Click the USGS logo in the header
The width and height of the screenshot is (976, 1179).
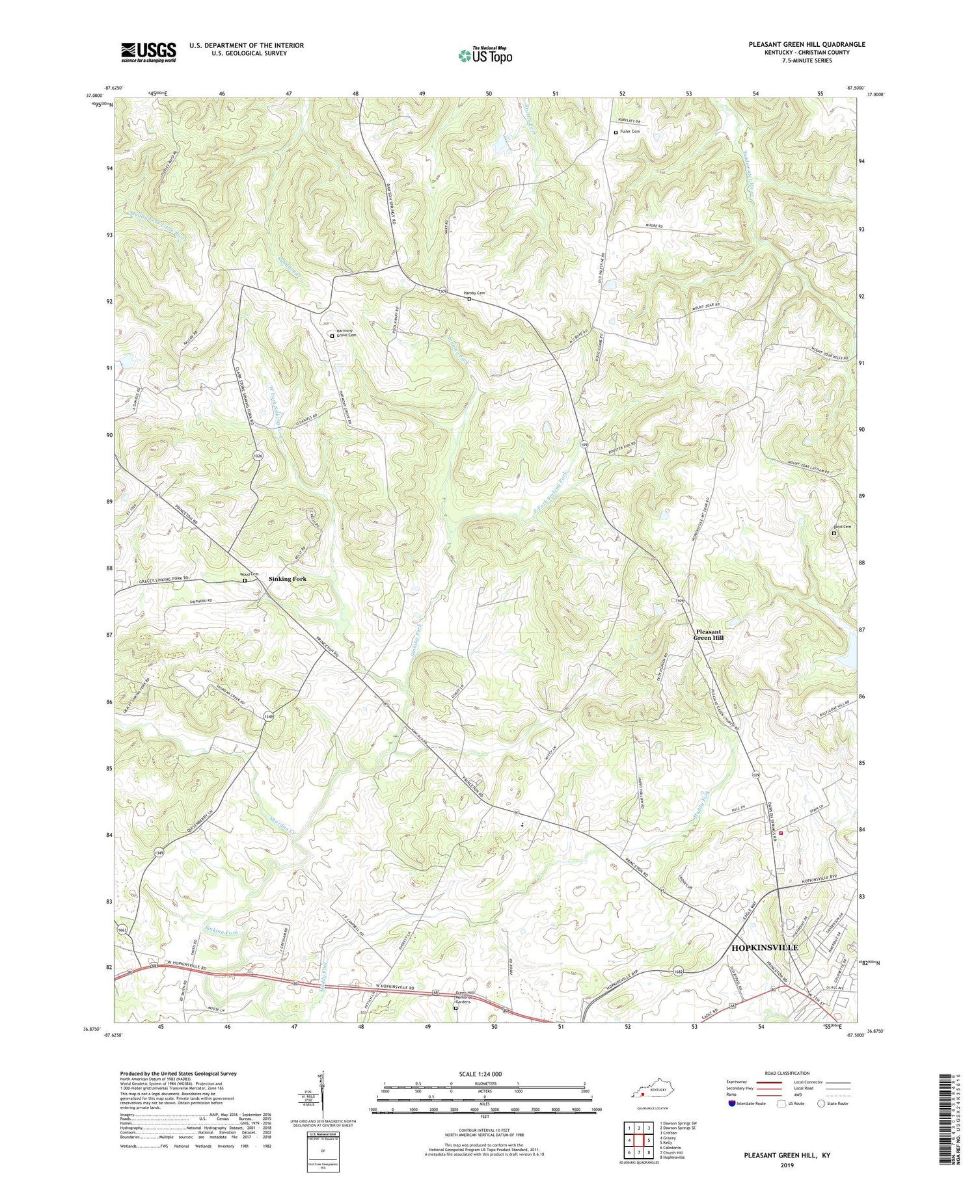tap(148, 52)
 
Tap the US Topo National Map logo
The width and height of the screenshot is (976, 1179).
tap(485, 55)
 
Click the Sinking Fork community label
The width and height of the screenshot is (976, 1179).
tap(287, 578)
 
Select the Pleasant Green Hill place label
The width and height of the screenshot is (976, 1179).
tap(709, 635)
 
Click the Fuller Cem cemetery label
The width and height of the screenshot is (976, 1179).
tap(629, 131)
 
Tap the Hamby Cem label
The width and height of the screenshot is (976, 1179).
tap(474, 293)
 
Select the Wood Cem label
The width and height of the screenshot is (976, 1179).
tap(250, 574)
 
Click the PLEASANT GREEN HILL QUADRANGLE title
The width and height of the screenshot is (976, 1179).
tap(806, 44)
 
